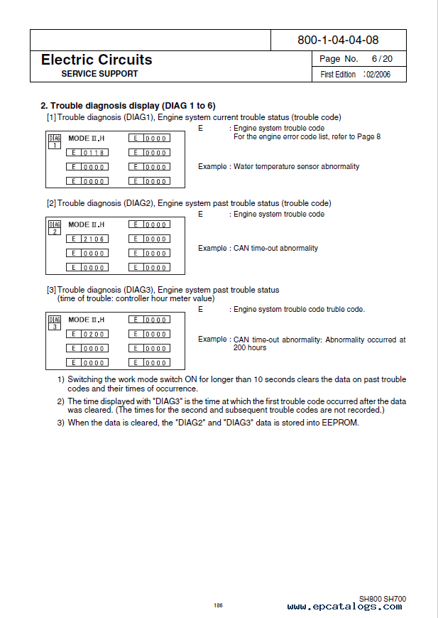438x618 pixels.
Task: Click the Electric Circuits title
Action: click(97, 60)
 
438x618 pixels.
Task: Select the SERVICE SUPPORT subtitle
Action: click(99, 74)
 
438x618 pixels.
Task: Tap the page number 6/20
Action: click(382, 59)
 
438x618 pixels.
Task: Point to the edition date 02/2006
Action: click(378, 75)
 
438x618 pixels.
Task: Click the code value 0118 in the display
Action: click(94, 153)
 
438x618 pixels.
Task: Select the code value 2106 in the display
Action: click(94, 239)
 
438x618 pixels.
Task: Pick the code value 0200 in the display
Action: click(94, 334)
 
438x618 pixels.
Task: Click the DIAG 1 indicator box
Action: click(55, 141)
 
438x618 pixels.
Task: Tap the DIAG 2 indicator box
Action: click(55, 227)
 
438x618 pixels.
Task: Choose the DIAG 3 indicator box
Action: click(55, 322)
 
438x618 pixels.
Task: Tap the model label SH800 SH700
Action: click(382, 599)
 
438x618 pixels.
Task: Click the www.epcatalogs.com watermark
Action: click(346, 607)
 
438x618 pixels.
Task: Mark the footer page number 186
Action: click(218, 605)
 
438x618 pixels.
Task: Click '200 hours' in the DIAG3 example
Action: click(250, 347)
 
